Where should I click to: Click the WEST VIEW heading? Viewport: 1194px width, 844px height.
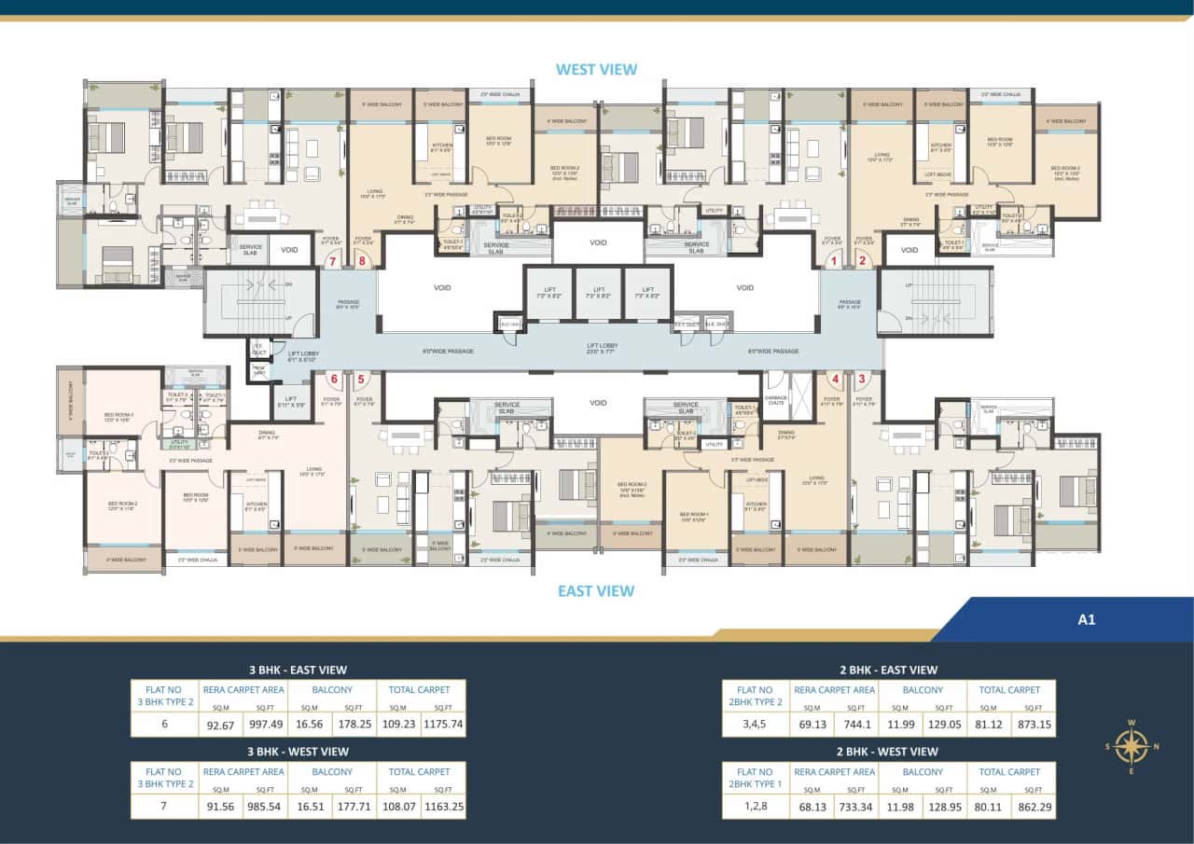point(596,69)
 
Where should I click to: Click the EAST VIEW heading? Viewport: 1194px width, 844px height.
point(596,590)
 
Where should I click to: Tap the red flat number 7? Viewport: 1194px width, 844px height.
point(332,261)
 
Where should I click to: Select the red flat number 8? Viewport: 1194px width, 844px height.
point(362,261)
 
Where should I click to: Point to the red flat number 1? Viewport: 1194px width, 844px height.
point(835,261)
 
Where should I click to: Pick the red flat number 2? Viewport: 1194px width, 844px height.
point(864,261)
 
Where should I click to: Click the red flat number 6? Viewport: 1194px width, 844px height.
point(333,379)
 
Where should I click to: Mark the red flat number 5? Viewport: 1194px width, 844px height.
point(361,379)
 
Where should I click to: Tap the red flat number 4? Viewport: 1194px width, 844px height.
point(835,379)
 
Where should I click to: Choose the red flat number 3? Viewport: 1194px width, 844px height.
point(863,379)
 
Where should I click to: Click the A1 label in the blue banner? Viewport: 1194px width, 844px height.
point(1086,619)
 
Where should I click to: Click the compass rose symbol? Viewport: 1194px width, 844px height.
point(1131,745)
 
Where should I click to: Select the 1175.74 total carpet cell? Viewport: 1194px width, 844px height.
point(443,723)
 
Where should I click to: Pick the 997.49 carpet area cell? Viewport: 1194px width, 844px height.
point(265,723)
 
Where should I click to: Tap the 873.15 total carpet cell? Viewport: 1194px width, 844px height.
point(1034,723)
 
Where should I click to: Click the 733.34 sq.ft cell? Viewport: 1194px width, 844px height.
point(856,805)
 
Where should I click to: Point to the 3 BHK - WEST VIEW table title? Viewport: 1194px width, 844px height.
point(298,752)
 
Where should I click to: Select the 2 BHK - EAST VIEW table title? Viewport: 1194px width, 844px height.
point(888,670)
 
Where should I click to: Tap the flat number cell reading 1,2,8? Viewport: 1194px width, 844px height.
point(755,805)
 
